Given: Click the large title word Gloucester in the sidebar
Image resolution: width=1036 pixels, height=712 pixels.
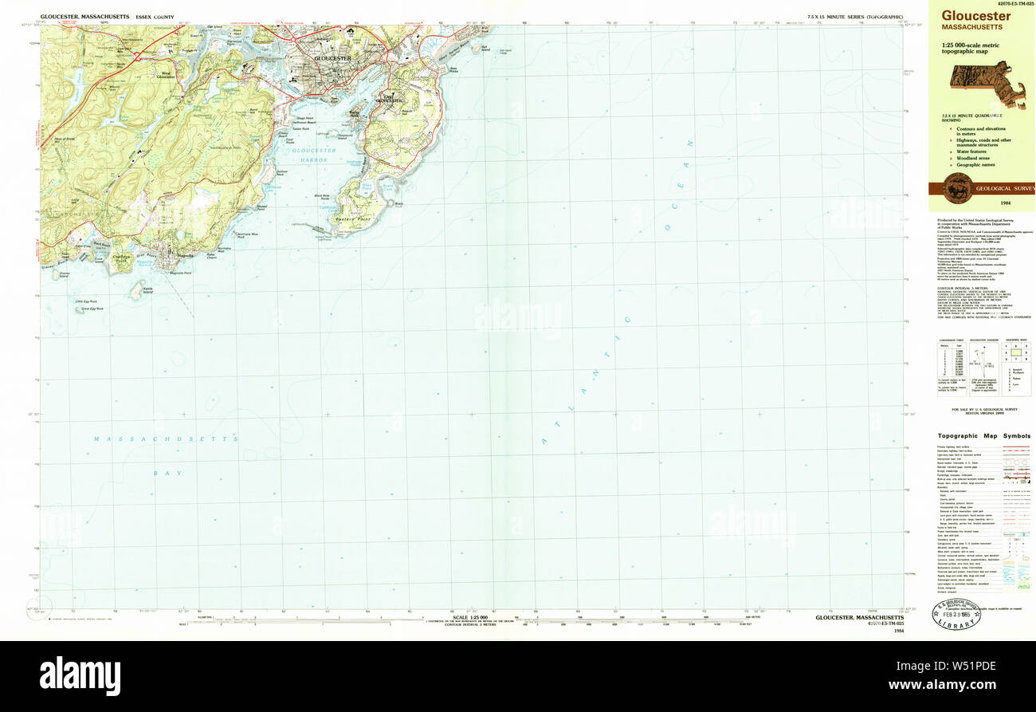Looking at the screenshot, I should pyautogui.click(x=976, y=15).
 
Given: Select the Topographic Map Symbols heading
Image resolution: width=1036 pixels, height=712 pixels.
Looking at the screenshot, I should pyautogui.click(x=983, y=436).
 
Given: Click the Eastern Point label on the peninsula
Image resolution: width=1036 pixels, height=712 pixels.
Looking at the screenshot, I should pyautogui.click(x=348, y=217).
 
